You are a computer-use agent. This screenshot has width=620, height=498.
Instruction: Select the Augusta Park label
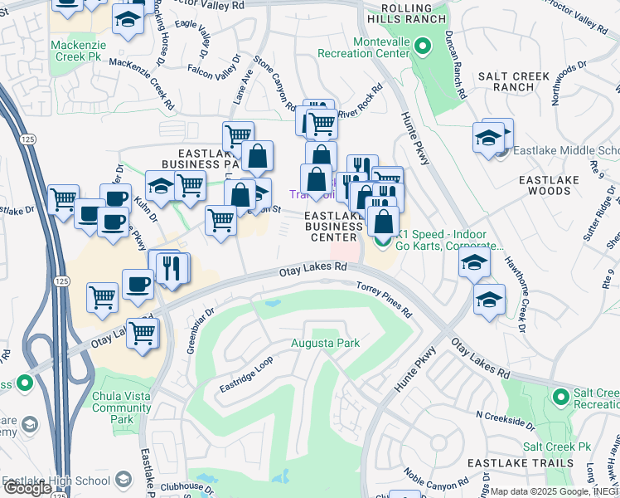(x=325, y=343)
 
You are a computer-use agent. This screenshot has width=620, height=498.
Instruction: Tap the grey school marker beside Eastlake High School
(x=124, y=480)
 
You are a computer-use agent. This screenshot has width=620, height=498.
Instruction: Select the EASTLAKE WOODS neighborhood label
(x=555, y=186)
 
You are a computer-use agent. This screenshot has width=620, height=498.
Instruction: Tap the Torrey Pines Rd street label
(x=385, y=300)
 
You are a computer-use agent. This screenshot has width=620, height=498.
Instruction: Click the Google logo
(x=27, y=488)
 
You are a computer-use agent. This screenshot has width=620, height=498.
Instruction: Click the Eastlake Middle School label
(x=567, y=151)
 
